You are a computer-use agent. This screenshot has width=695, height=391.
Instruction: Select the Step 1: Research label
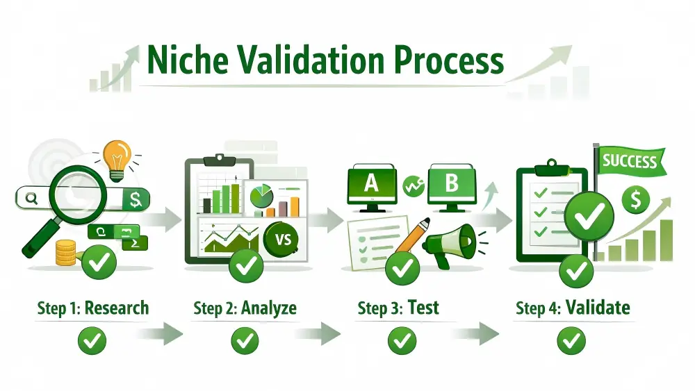click(92, 308)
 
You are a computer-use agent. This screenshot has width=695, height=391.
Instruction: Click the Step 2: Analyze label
click(245, 308)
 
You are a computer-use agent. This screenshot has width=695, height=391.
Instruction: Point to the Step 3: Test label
click(398, 308)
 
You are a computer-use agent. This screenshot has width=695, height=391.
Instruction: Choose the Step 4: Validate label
click(573, 308)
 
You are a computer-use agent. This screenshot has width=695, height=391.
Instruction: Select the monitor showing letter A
click(371, 184)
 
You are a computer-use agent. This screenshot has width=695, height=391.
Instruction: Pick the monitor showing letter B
click(452, 184)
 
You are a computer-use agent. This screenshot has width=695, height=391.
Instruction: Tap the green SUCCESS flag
click(630, 163)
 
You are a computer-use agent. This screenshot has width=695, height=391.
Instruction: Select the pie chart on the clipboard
click(262, 197)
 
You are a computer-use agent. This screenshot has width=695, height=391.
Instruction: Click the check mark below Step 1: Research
click(92, 340)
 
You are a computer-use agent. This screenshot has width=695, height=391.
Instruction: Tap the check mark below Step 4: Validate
click(571, 340)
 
